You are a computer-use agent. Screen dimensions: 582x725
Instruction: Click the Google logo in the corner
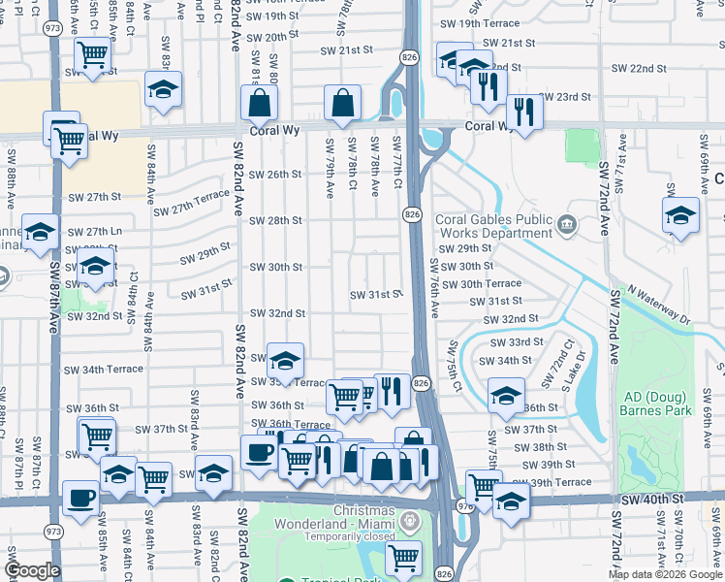click(33, 570)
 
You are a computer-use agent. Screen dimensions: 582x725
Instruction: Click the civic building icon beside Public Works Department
click(567, 226)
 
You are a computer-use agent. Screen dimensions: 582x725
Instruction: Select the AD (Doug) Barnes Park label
click(655, 404)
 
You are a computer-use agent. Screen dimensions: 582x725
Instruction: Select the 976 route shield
click(462, 505)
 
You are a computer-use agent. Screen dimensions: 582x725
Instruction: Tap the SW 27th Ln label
click(95, 232)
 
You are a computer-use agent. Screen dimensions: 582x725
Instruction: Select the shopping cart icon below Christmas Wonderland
click(402, 558)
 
